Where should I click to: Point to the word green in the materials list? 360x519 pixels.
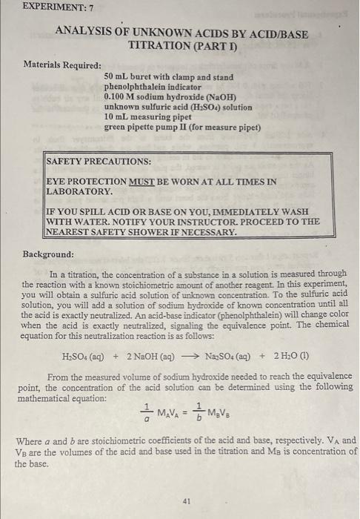116,127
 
